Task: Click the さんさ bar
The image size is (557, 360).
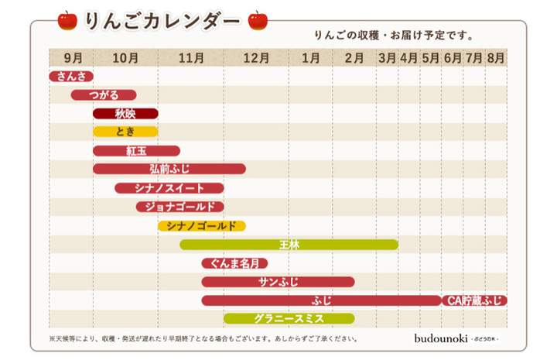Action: point(71,77)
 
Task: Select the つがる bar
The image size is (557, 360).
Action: point(104,95)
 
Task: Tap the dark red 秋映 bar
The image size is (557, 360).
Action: point(125,114)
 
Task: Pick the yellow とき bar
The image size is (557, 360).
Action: point(125,132)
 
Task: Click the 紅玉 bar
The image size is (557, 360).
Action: point(136,151)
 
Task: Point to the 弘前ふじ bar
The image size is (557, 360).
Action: point(169,170)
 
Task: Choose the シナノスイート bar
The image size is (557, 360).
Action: point(169,188)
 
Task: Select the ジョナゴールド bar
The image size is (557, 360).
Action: point(180,207)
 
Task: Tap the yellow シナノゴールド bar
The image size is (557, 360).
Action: point(202,226)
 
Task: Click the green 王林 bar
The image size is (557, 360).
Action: point(289,245)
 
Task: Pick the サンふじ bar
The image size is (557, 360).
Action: point(278,282)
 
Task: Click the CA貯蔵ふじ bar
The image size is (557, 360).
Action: point(475,300)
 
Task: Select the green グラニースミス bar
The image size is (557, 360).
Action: point(289,319)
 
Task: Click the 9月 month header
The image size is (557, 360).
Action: point(71,57)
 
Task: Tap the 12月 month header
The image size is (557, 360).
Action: point(256,57)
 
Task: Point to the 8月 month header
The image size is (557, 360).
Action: point(496,57)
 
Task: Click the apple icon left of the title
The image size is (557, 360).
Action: point(67,20)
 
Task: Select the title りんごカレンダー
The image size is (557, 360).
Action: point(162,21)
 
